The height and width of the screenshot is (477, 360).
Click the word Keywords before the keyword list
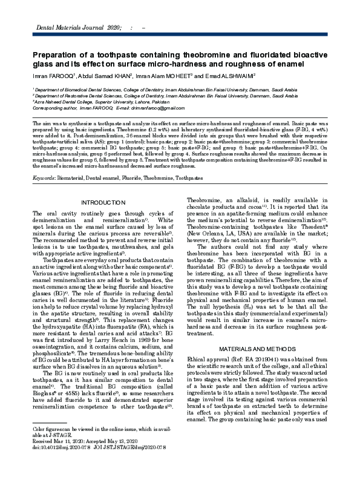point(44,179)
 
